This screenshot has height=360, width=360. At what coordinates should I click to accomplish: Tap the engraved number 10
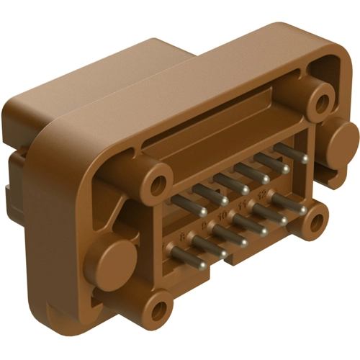[222, 216]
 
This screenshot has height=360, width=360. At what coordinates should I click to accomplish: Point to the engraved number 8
[181, 235]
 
